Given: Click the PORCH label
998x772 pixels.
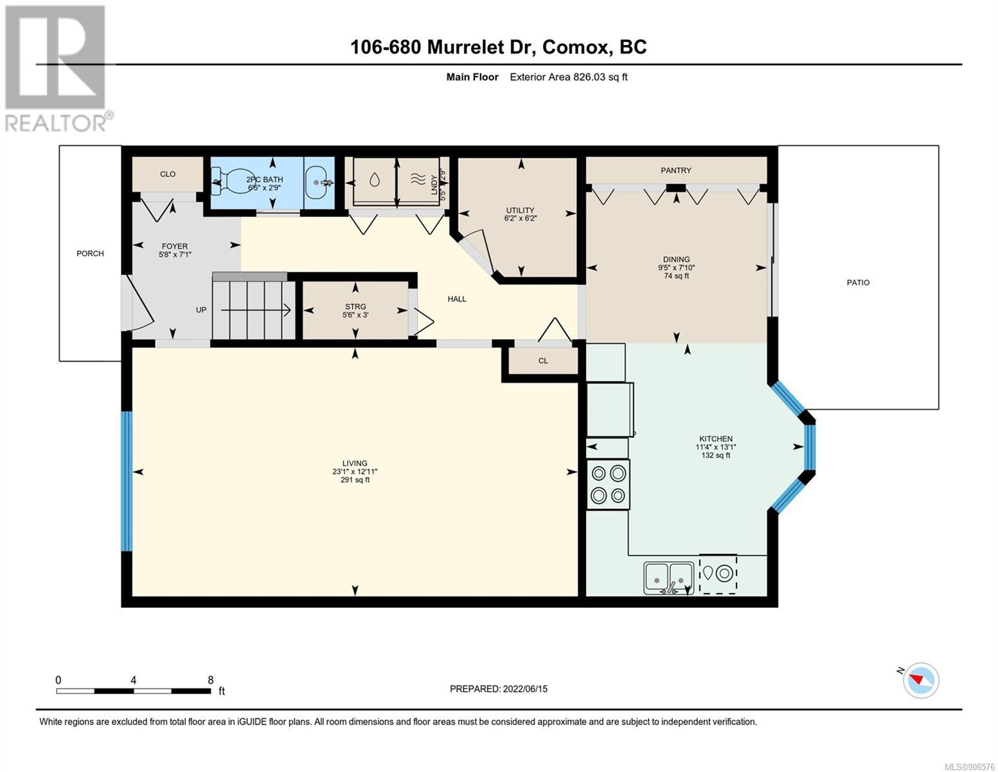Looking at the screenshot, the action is (90, 253).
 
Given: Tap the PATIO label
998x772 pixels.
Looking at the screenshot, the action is (858, 283).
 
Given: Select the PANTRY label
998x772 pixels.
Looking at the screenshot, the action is (676, 170).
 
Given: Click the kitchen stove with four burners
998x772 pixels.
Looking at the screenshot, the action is (608, 484).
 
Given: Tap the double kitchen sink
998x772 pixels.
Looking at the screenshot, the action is (668, 578).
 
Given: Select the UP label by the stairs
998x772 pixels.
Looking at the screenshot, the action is (201, 310).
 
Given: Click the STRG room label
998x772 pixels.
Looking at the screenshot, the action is (355, 307).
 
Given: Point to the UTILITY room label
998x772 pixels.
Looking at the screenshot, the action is (521, 210).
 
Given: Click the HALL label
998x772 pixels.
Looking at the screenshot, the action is (457, 299).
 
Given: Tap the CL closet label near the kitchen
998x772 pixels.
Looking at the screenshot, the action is (543, 361).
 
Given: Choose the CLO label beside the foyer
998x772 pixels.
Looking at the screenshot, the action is (168, 174).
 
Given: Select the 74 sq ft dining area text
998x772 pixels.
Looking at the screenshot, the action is (677, 276).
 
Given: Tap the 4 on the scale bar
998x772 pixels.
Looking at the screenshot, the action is (133, 680).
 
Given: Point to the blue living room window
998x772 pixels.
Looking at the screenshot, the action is (127, 481).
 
